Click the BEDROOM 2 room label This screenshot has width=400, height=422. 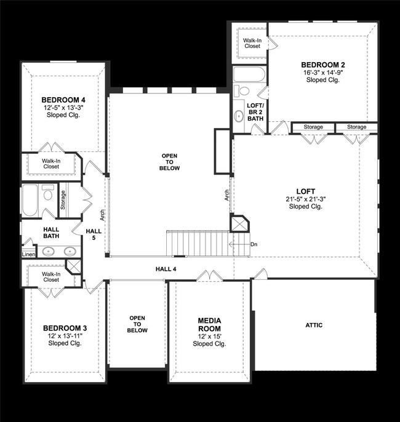(322, 65)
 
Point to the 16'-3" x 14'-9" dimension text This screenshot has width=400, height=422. (322, 73)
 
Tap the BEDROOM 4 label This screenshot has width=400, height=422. (64, 99)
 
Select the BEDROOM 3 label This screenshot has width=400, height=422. (65, 328)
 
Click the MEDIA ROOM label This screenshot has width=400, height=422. (209, 325)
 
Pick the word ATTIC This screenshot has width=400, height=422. (314, 325)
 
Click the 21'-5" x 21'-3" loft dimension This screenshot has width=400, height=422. (305, 199)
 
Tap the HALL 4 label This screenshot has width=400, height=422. (166, 269)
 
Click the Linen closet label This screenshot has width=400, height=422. (28, 254)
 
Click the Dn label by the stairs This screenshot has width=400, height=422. (254, 244)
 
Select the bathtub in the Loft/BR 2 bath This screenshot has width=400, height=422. (250, 76)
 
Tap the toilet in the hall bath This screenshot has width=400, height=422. (48, 195)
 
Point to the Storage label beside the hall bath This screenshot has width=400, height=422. (63, 199)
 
